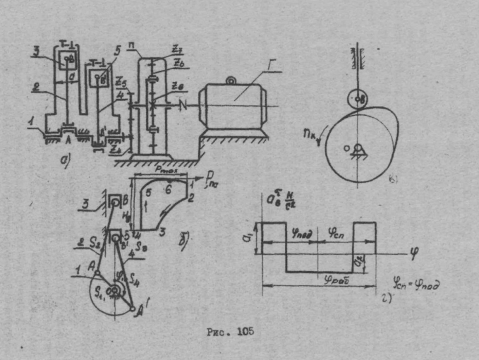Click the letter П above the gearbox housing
click(140, 54)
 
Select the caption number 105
click(244, 331)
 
